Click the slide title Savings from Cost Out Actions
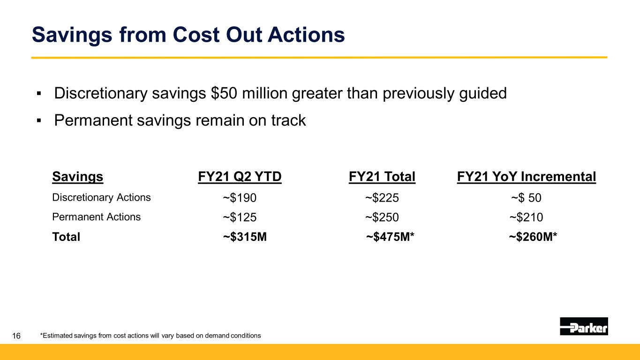[x=188, y=35]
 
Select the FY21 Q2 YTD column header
[x=240, y=177]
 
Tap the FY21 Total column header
[x=382, y=177]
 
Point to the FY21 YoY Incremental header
[x=526, y=177]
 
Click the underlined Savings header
[x=77, y=177]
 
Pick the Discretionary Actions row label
[x=101, y=197]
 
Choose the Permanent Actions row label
[x=96, y=217]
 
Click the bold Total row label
[x=66, y=237]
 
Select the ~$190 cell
[x=240, y=198]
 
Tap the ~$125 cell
[x=240, y=217]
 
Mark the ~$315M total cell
[x=245, y=237]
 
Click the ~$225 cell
[x=382, y=198]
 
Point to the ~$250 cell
[x=382, y=217]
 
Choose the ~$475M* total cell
[x=390, y=237]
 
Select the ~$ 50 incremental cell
[x=526, y=198]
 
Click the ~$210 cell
[x=526, y=217]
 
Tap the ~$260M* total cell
[x=533, y=237]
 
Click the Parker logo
[x=584, y=326]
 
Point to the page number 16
[x=16, y=336]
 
